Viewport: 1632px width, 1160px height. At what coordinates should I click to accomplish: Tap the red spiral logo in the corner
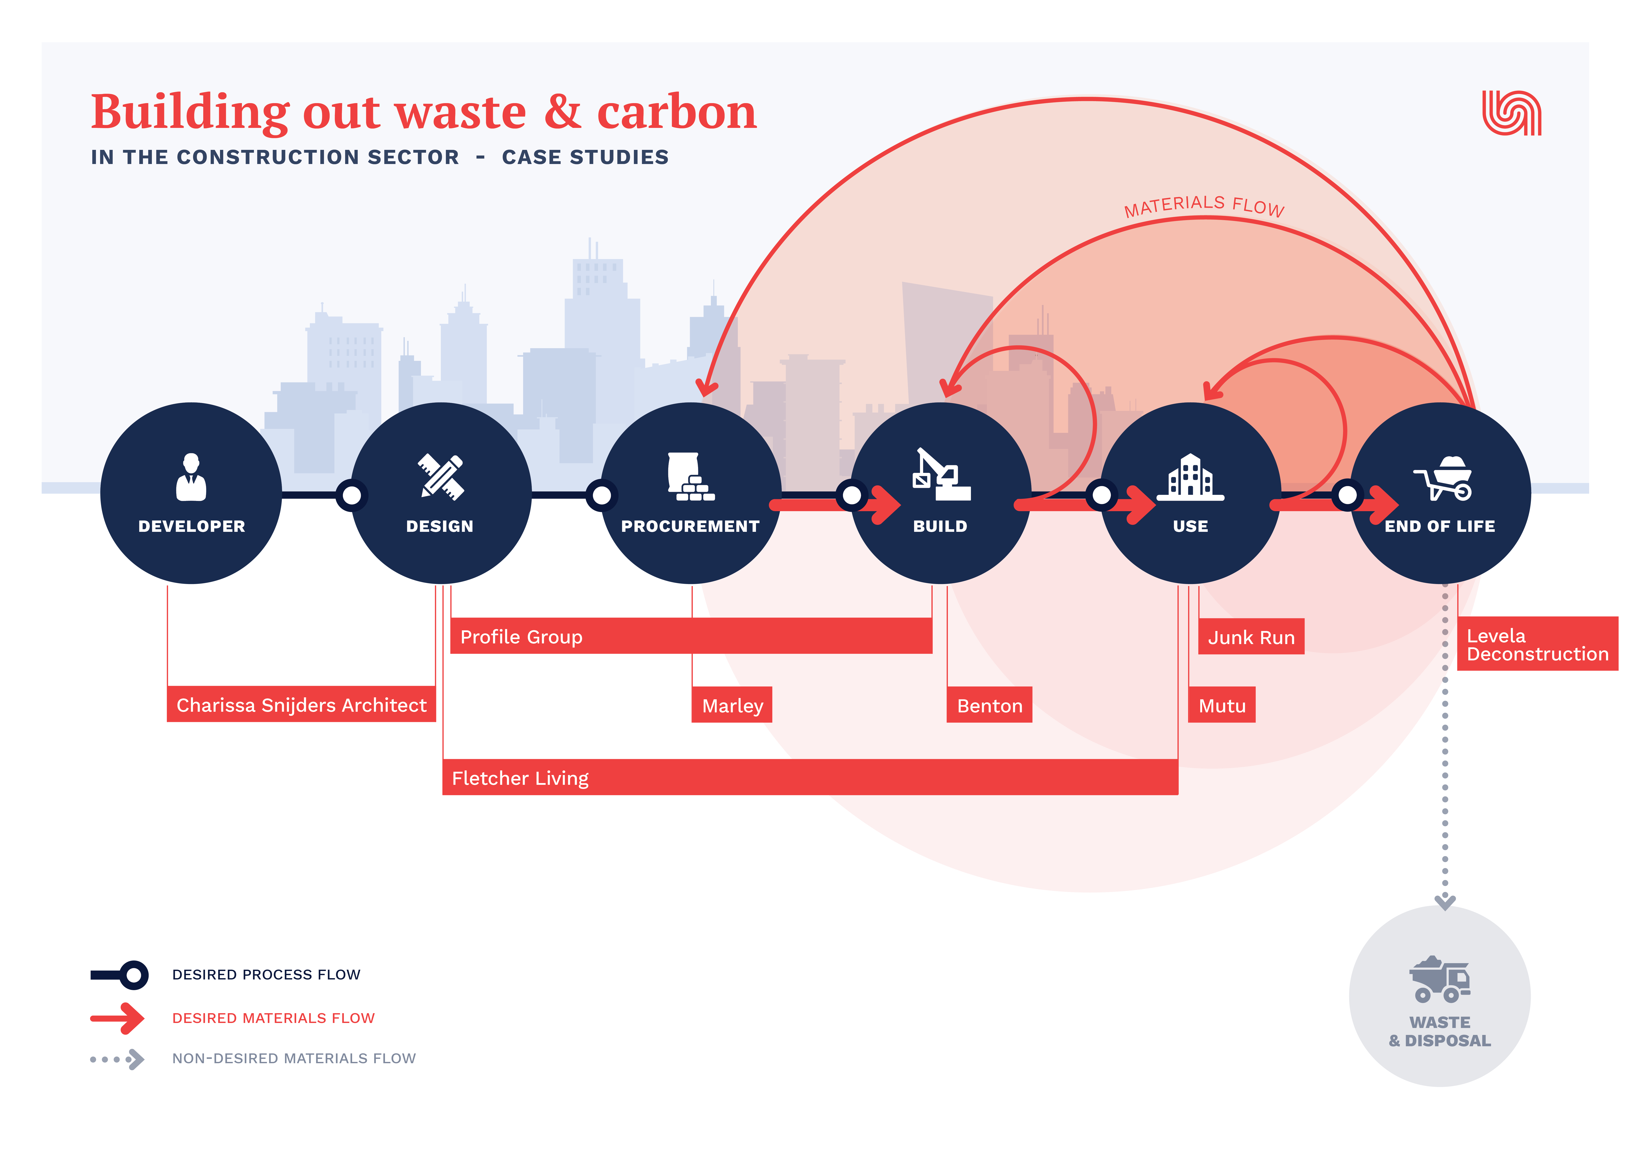[1511, 113]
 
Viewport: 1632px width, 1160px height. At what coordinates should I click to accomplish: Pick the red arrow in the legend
[118, 1018]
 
